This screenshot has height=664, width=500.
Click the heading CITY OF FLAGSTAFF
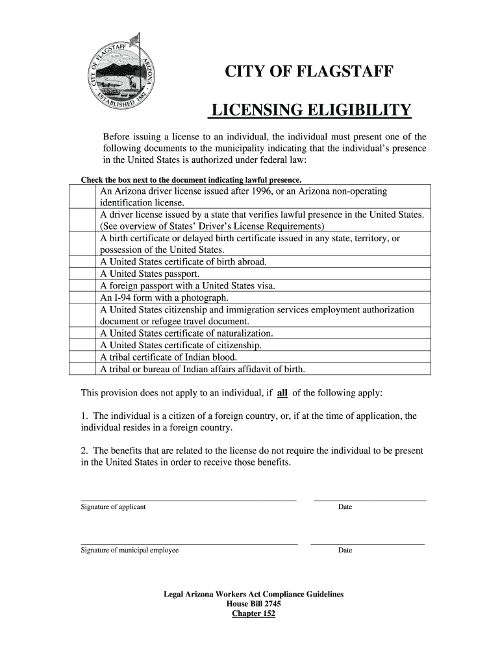[x=308, y=72]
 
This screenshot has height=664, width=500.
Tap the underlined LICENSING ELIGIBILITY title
[x=309, y=111]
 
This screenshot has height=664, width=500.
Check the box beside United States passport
[x=83, y=274]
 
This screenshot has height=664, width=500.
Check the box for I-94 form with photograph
[x=83, y=298]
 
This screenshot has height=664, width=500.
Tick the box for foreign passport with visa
[x=83, y=285]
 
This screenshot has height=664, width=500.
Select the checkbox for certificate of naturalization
[x=83, y=333]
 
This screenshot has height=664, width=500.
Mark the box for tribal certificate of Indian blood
[x=83, y=357]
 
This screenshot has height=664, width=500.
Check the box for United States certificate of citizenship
[x=83, y=345]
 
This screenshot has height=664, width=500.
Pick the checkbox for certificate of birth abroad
[x=83, y=262]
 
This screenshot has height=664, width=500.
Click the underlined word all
[x=282, y=393]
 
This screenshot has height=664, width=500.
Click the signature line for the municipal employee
[x=189, y=543]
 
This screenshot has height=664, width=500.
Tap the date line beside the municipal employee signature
[x=368, y=543]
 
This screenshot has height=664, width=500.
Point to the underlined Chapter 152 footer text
[x=253, y=613]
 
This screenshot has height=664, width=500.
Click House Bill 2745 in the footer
[x=253, y=604]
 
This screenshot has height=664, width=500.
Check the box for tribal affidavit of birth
[x=83, y=369]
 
